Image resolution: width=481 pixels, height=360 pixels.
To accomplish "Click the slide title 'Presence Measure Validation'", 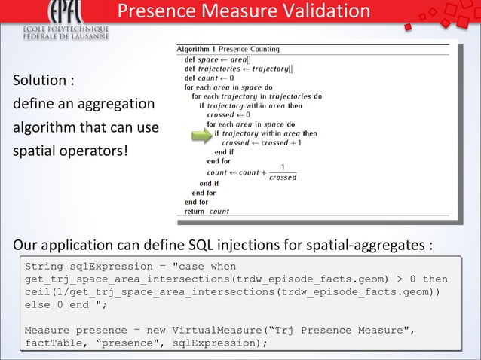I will [244, 11].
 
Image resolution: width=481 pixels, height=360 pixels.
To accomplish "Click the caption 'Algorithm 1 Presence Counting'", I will [228, 50].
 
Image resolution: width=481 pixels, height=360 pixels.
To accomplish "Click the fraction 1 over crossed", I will [283, 172].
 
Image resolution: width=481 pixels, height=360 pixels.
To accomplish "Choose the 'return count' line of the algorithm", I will [207, 212].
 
